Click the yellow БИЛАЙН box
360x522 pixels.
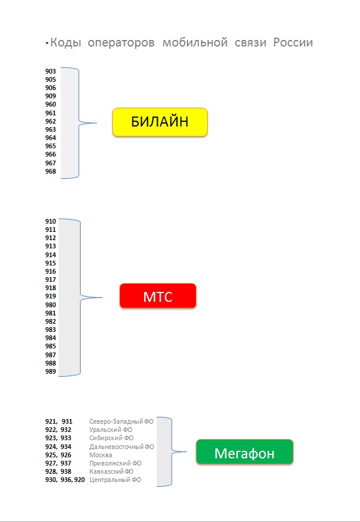click(160, 122)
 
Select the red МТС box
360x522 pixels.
click(157, 296)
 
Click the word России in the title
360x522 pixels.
click(293, 42)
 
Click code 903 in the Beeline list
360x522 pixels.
click(51, 71)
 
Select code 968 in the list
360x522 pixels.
click(51, 171)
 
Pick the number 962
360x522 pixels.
click(51, 121)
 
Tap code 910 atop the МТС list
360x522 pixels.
click(51, 221)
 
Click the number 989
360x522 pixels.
click(51, 371)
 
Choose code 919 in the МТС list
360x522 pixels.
click(51, 297)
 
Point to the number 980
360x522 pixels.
click(51, 305)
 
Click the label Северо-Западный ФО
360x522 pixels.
click(121, 421)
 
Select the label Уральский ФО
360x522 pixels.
click(111, 430)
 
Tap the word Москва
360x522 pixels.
click(101, 455)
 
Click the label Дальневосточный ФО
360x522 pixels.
click(122, 447)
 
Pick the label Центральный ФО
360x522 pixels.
click(115, 480)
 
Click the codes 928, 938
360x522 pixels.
click(58, 471)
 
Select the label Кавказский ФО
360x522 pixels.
click(112, 471)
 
